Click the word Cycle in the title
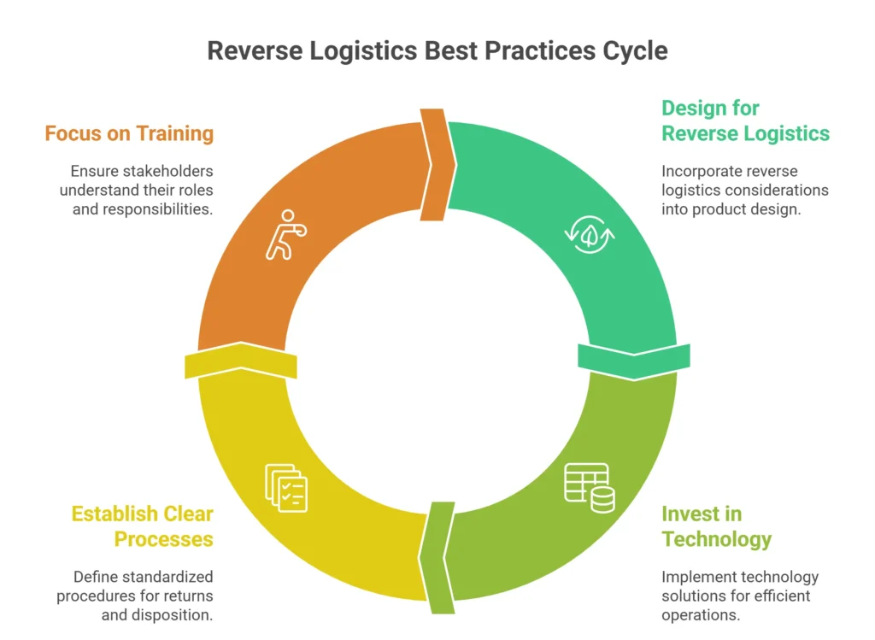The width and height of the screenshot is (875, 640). (631, 50)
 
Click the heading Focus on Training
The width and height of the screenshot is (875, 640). (129, 133)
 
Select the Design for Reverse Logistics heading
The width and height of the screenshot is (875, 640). (745, 120)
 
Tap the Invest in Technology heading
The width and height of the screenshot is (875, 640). (716, 526)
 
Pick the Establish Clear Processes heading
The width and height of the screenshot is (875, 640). (142, 526)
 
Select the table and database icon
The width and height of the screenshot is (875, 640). (589, 487)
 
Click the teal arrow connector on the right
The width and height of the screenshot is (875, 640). (633, 359)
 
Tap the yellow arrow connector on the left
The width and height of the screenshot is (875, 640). (240, 361)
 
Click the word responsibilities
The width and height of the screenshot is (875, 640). (158, 208)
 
